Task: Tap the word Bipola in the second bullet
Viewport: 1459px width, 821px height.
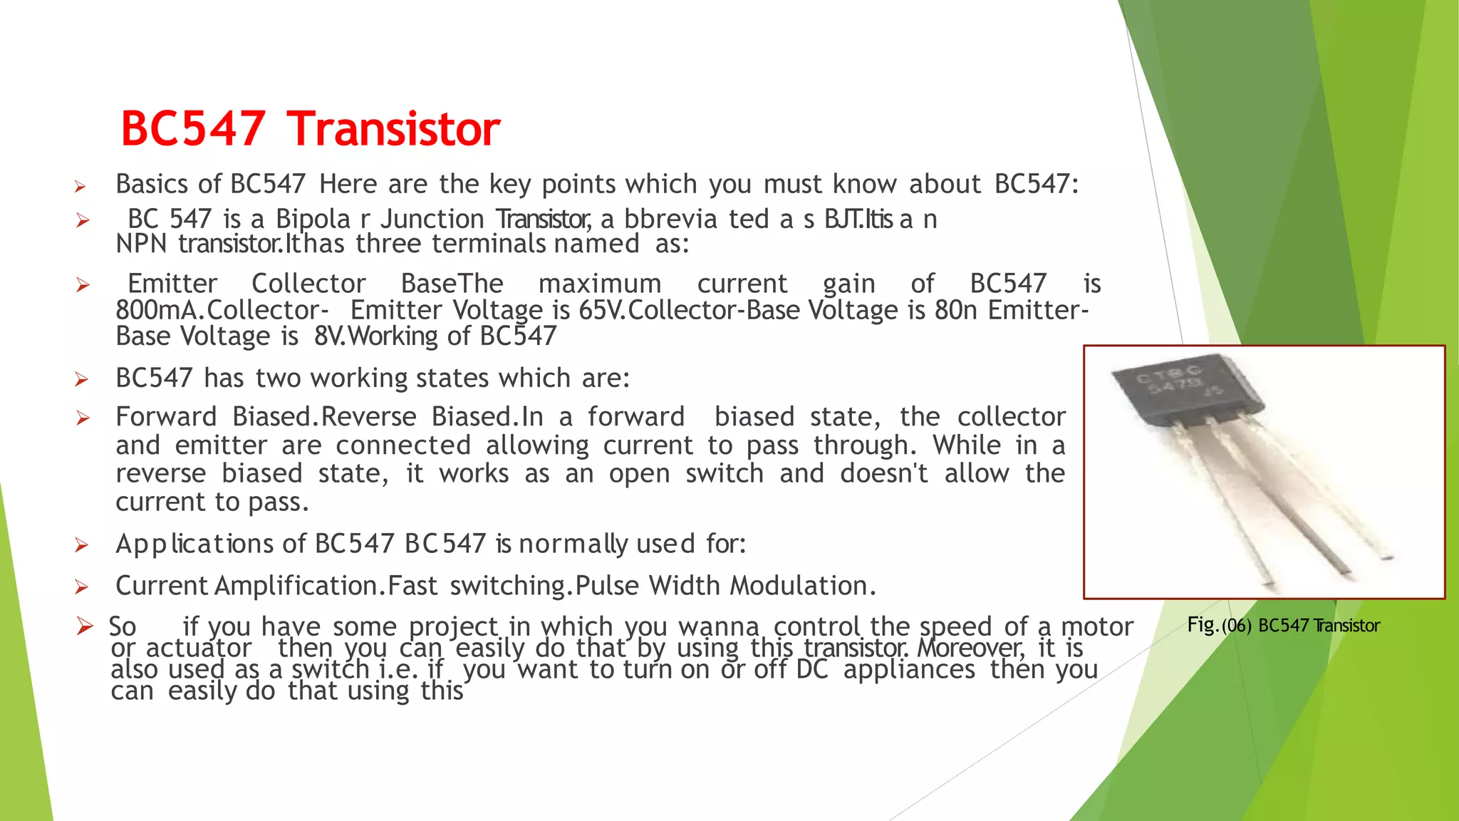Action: (x=313, y=220)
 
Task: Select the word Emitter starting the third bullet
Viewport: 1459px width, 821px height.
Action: (x=172, y=284)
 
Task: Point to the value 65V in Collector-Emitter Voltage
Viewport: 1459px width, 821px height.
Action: (x=601, y=310)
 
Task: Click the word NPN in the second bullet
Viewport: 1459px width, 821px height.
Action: (x=141, y=244)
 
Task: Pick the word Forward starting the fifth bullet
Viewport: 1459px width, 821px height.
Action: (x=166, y=417)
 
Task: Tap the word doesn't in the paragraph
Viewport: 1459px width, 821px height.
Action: (x=883, y=473)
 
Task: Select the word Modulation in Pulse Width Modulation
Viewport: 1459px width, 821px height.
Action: (x=799, y=586)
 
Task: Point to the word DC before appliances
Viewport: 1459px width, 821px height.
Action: (x=811, y=669)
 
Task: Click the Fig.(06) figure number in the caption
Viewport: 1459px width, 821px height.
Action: (x=1219, y=626)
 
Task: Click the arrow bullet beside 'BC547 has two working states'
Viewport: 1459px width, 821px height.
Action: (x=82, y=379)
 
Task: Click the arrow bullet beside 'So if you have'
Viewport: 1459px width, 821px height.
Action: (x=85, y=627)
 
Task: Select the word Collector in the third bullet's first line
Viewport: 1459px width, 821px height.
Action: (x=308, y=284)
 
